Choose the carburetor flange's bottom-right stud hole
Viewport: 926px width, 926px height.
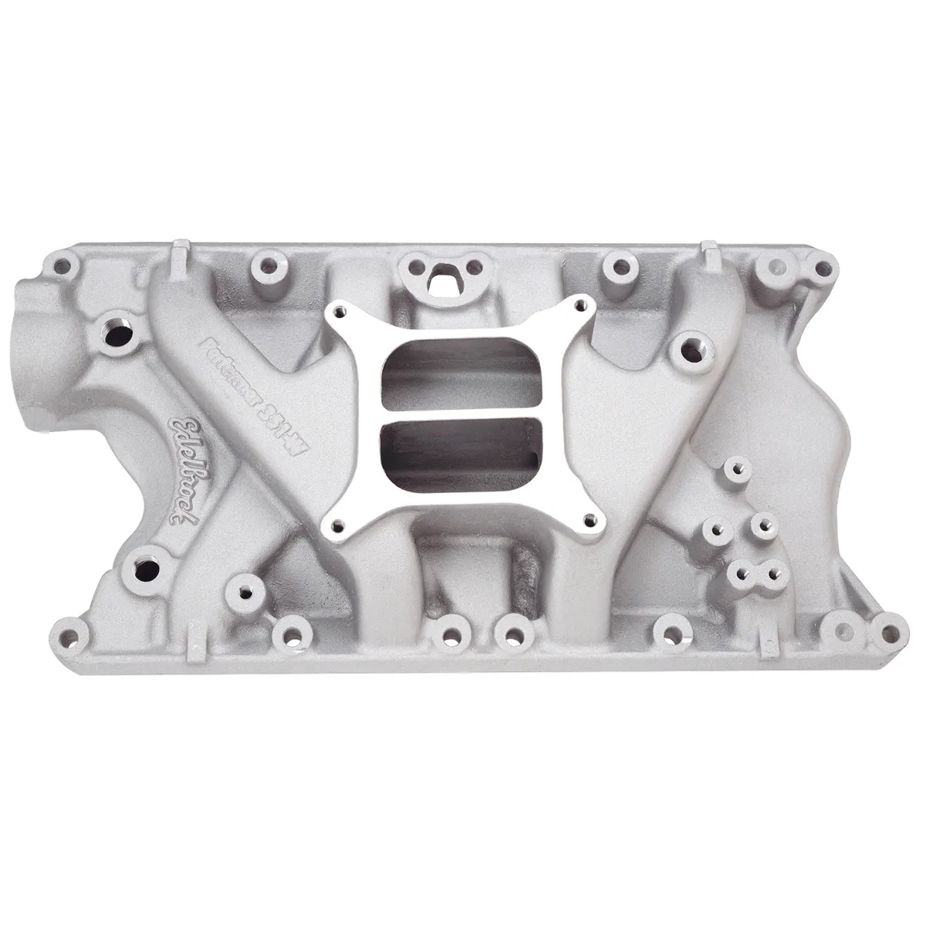tap(590, 519)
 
